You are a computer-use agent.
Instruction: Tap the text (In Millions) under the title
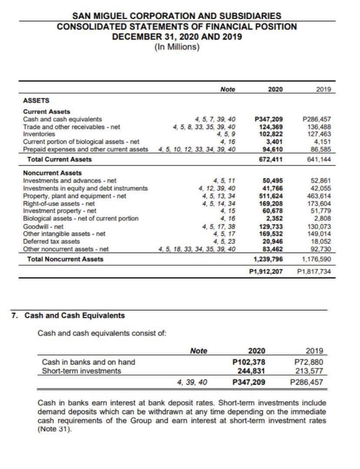(x=177, y=47)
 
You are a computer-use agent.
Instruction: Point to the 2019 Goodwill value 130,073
(x=318, y=226)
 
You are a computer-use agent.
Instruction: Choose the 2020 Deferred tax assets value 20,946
(x=273, y=241)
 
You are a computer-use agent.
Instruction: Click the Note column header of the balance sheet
(x=227, y=89)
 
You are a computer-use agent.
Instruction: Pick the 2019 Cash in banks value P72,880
(x=308, y=362)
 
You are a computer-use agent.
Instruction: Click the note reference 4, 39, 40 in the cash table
(x=193, y=383)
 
